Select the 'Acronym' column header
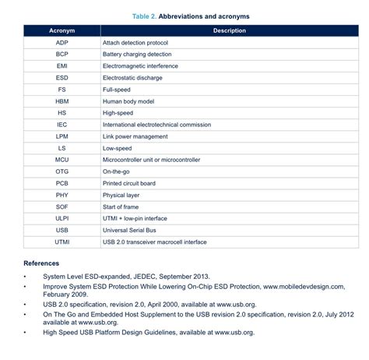[61, 30]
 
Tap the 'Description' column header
[229, 30]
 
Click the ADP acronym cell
[61, 42]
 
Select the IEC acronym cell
[61, 124]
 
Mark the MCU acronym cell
[61, 159]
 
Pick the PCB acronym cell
[61, 183]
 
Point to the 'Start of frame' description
[123, 206]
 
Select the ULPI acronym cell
[61, 218]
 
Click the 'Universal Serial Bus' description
[132, 230]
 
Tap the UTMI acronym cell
[61, 242]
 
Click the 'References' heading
[41, 263]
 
